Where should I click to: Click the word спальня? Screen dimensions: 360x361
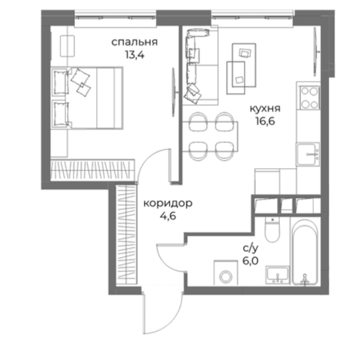(135, 42)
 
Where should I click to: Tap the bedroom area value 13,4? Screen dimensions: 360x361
(135, 55)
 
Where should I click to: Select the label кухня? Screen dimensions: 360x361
(265, 108)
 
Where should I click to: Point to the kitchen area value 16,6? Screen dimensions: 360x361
(266, 121)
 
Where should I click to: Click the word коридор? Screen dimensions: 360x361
(168, 203)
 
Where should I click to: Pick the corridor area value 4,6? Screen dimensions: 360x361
(168, 216)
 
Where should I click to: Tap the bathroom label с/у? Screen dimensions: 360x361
(251, 249)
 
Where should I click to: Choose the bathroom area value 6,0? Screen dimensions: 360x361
(251, 261)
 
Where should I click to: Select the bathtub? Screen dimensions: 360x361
(305, 252)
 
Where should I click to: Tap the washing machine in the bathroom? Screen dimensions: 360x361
(225, 273)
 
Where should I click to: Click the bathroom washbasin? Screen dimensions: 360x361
(277, 275)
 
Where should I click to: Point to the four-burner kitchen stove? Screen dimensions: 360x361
(309, 98)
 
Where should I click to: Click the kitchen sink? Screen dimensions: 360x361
(308, 154)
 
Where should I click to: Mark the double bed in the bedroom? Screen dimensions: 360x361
(87, 98)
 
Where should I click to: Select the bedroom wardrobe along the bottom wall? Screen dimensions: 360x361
(92, 170)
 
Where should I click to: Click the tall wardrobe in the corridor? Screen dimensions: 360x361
(126, 234)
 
